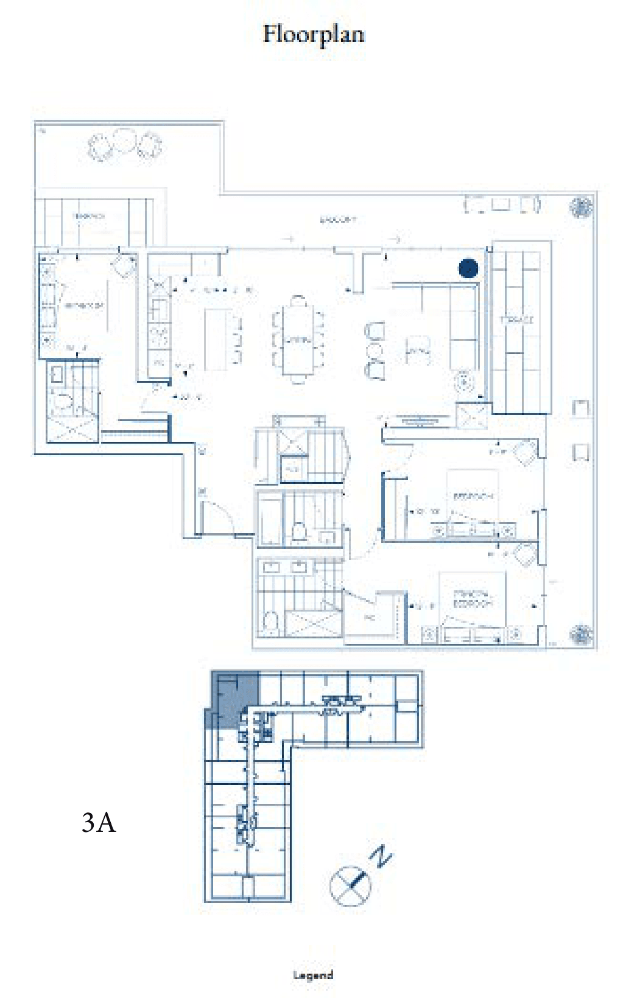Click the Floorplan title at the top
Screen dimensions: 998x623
coord(314,34)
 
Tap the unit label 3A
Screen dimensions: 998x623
coord(98,823)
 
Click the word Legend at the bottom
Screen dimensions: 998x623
coord(313,975)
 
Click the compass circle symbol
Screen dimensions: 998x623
coord(350,885)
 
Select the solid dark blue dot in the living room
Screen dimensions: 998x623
coord(468,268)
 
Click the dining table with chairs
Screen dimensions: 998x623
coord(298,339)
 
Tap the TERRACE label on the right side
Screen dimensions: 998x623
coord(516,319)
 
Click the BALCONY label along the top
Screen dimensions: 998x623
coord(338,219)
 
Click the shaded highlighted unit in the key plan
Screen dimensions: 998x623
coord(234,700)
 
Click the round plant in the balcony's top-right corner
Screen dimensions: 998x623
coord(581,207)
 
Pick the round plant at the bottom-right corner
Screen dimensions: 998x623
coord(581,634)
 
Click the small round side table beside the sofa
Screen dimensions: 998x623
coord(465,382)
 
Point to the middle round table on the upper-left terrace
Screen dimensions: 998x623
coord(124,142)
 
